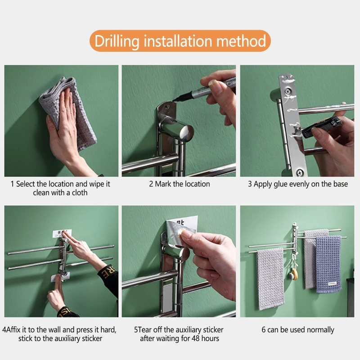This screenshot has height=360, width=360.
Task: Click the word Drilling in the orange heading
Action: [117, 41]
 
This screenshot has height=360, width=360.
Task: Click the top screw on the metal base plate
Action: [287, 92]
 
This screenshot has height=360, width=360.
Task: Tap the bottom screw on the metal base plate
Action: [299, 172]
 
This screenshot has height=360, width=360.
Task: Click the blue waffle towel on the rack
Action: [328, 264]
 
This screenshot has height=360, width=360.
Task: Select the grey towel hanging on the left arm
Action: [270, 279]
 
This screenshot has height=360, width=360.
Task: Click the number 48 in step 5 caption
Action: [195, 338]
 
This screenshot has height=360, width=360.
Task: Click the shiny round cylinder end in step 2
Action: [186, 133]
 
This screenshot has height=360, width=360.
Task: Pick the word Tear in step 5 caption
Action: [144, 330]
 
